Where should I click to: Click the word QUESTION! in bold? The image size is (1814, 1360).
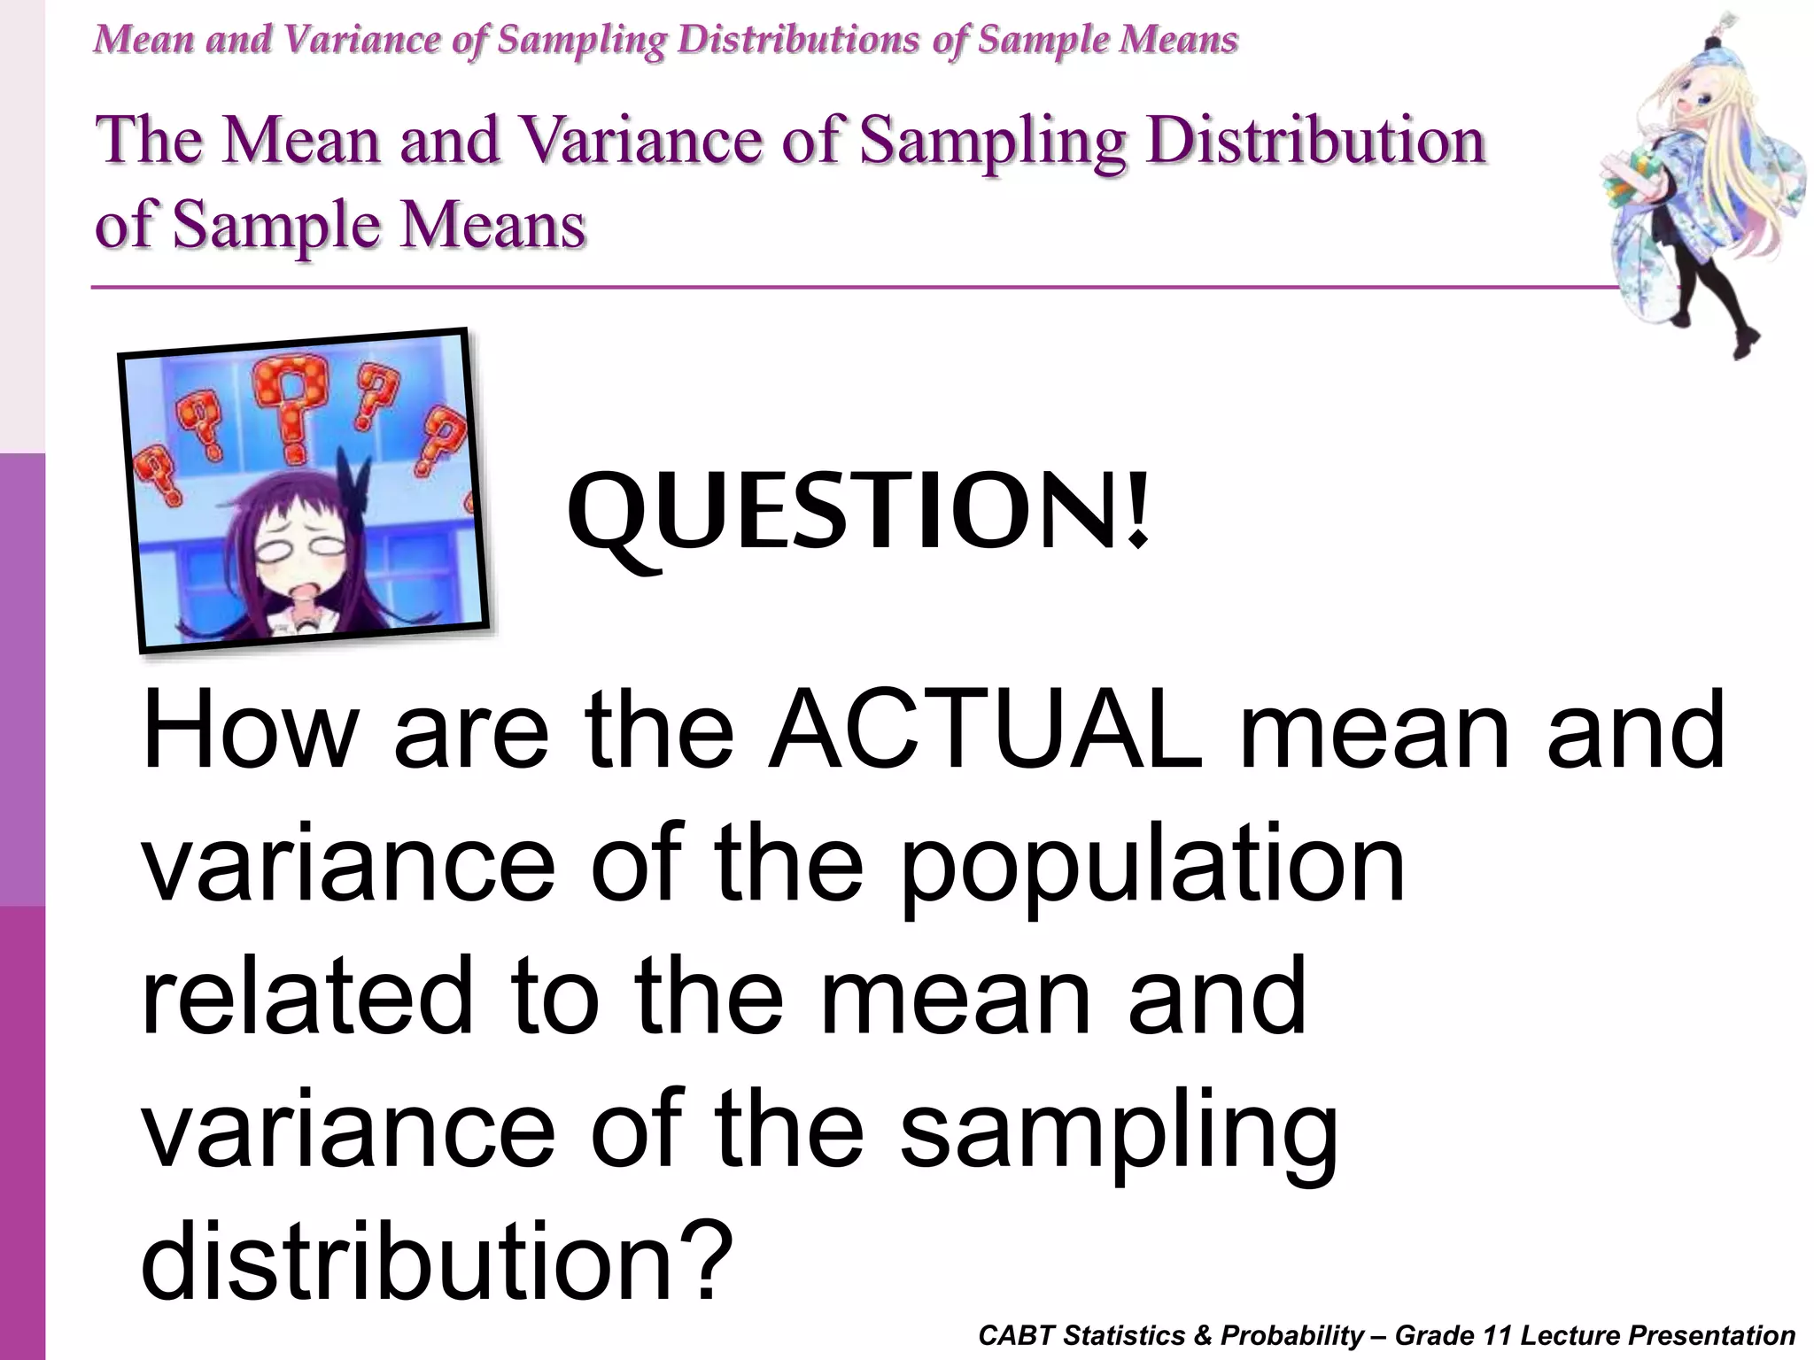pyautogui.click(x=857, y=514)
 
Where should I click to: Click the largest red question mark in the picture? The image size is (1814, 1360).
pyautogui.click(x=289, y=403)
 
